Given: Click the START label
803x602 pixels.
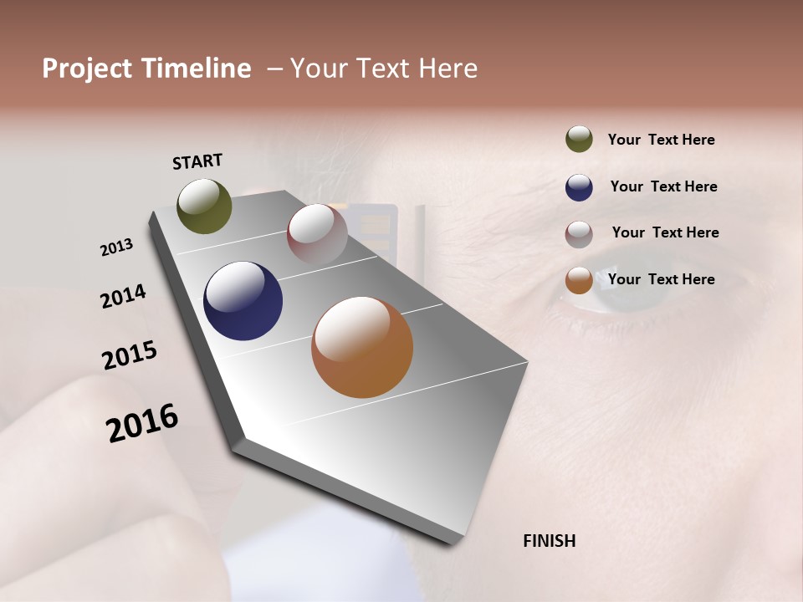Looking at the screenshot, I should pyautogui.click(x=197, y=161).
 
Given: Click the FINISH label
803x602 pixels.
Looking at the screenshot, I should pyautogui.click(x=549, y=541).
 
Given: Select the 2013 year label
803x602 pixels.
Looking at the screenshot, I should pyautogui.click(x=116, y=247).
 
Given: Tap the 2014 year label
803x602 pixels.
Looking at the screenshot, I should pyautogui.click(x=123, y=297).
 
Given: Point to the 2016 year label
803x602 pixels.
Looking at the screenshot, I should pyautogui.click(x=142, y=423).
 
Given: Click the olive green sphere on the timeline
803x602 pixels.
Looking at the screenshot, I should pyautogui.click(x=204, y=206).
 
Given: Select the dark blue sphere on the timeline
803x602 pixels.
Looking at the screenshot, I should pyautogui.click(x=243, y=301).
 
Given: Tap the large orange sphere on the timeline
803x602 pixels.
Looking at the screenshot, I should pyautogui.click(x=361, y=347).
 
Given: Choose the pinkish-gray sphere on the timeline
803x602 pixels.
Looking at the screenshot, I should pyautogui.click(x=317, y=233).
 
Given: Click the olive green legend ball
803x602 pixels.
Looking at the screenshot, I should pyautogui.click(x=579, y=139).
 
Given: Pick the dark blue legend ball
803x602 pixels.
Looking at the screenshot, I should pyautogui.click(x=579, y=187).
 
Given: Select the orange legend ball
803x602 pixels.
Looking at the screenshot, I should pyautogui.click(x=579, y=280).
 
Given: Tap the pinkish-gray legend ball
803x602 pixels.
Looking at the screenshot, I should pyautogui.click(x=579, y=233).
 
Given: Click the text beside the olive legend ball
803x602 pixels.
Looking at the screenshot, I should pyautogui.click(x=661, y=140).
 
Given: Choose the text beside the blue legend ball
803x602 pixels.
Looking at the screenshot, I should pyautogui.click(x=663, y=186).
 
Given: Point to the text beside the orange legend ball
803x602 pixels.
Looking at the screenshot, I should pyautogui.click(x=661, y=279).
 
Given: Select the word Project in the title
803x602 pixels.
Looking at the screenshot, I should pyautogui.click(x=87, y=69).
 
